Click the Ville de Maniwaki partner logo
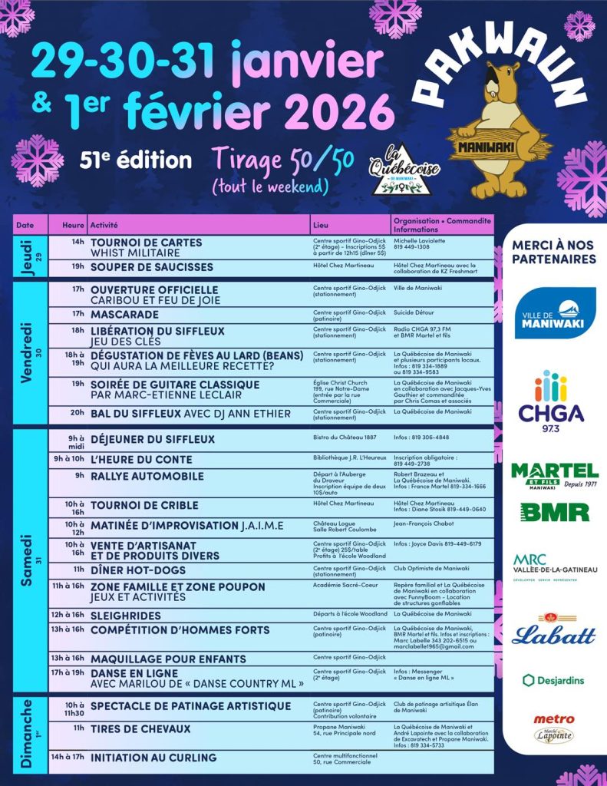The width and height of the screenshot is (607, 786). click(x=555, y=313)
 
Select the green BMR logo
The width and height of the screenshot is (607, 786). click(x=554, y=512)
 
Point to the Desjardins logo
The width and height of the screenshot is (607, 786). click(x=553, y=680)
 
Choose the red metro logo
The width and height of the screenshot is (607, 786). click(x=554, y=719)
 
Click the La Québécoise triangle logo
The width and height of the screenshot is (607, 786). click(x=397, y=171)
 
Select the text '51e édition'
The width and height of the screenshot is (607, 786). click(x=135, y=160)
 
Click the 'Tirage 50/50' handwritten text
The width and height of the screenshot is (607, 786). click(x=283, y=159)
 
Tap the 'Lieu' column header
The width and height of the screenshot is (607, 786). click(x=321, y=225)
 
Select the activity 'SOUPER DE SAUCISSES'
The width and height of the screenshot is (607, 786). click(x=152, y=267)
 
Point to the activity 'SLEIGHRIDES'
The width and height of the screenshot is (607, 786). click(x=126, y=616)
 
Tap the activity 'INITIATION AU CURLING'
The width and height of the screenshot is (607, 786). click(x=153, y=758)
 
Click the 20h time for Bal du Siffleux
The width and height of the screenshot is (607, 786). click(x=77, y=413)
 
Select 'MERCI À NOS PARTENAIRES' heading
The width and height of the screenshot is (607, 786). click(x=553, y=251)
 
